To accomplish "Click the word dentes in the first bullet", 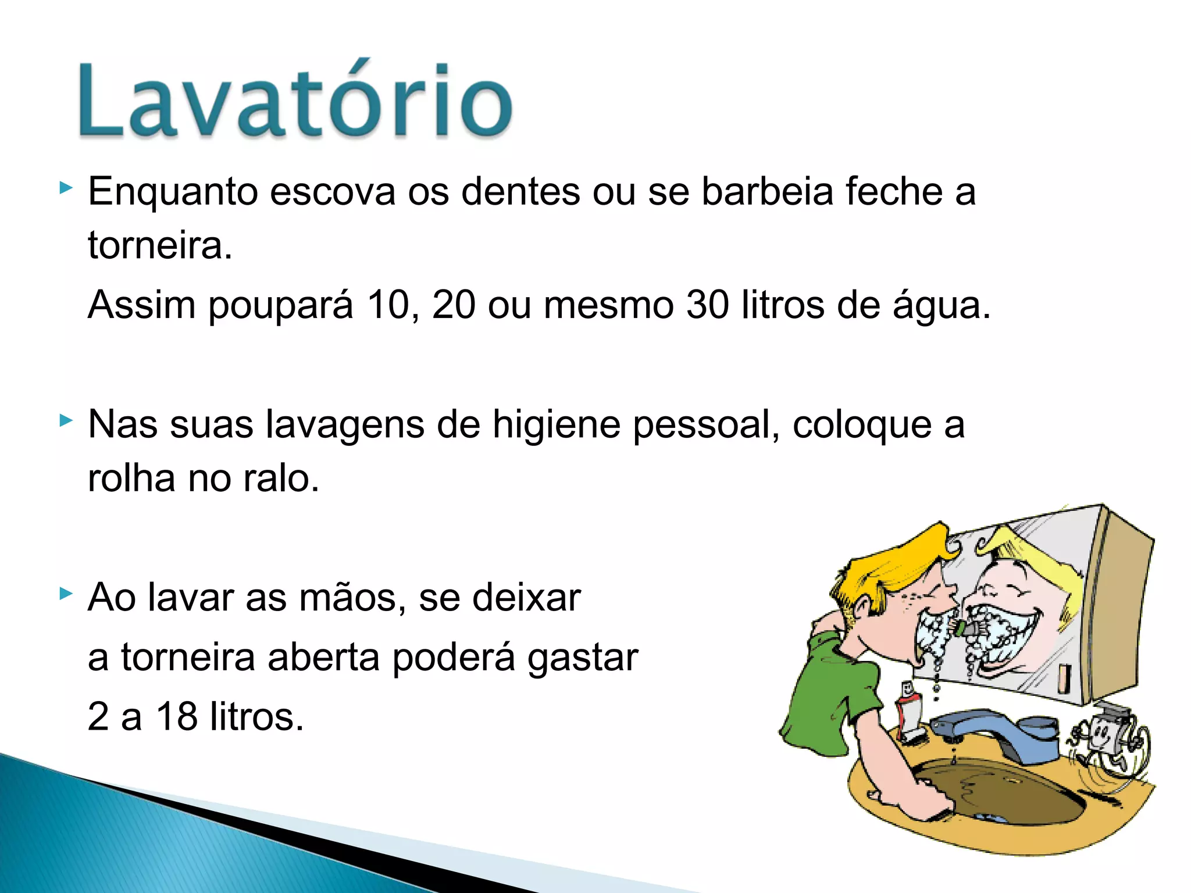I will point(520,191).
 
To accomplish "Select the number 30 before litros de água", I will point(707,305).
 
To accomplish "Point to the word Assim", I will point(141,305).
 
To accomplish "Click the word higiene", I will point(557,424).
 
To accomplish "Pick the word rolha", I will point(131,478).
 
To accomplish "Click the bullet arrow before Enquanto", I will point(66,188).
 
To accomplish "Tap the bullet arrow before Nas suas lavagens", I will point(66,420).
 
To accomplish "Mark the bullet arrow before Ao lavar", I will point(66,594).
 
